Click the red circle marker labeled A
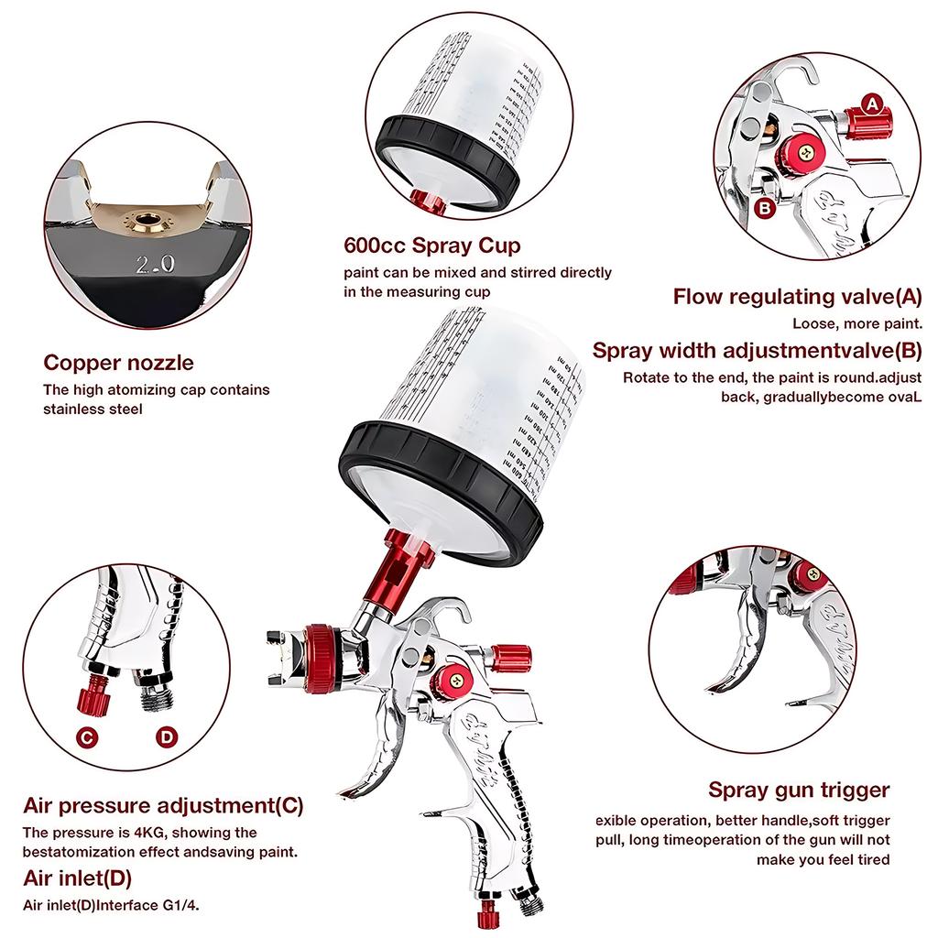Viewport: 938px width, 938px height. [x=873, y=104]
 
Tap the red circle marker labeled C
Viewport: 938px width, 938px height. [x=88, y=736]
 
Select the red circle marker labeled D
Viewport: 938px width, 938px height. [x=166, y=736]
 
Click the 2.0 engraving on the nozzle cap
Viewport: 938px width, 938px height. [x=156, y=266]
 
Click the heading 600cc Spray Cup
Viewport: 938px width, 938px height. [x=432, y=245]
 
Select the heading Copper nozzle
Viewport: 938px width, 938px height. [x=119, y=362]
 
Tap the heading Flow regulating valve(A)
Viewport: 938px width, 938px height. [x=797, y=296]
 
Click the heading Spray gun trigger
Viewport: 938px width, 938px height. [x=799, y=790]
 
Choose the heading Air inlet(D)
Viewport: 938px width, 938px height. [x=77, y=878]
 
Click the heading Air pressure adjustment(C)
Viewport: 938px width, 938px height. [x=163, y=806]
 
